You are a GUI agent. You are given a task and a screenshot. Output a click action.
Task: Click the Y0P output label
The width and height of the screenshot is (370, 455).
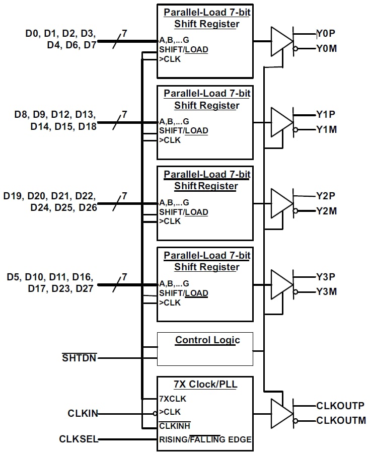click(326, 34)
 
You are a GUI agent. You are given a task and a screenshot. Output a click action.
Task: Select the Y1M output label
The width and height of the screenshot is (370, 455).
click(326, 130)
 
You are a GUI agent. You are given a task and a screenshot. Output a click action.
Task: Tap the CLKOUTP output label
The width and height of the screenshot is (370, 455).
click(340, 405)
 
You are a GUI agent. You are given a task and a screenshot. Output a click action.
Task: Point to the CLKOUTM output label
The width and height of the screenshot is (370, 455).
click(341, 420)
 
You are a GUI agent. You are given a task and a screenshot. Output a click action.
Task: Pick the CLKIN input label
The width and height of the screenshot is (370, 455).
click(83, 414)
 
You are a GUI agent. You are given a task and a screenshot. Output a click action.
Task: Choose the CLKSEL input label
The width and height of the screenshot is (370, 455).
click(78, 439)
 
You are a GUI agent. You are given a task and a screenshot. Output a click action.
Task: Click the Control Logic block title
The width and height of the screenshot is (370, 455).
click(207, 340)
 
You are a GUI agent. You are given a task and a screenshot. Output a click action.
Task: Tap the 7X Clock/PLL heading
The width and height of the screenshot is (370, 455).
click(205, 385)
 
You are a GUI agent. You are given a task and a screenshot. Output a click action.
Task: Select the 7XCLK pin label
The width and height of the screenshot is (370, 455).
click(172, 399)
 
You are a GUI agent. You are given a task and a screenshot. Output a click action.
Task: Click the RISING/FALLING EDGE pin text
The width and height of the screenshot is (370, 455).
click(205, 439)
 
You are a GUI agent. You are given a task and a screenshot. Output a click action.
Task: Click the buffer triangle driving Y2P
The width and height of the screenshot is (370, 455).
click(281, 203)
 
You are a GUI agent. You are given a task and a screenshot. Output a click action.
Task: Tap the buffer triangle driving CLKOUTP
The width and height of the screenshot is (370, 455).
click(281, 413)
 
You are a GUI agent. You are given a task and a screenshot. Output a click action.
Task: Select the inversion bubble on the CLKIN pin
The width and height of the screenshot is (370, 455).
click(155, 414)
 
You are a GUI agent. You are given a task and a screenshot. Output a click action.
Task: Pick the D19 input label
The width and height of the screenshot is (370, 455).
click(14, 196)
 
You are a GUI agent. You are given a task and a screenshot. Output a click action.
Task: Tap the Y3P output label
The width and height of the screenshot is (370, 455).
click(326, 277)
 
